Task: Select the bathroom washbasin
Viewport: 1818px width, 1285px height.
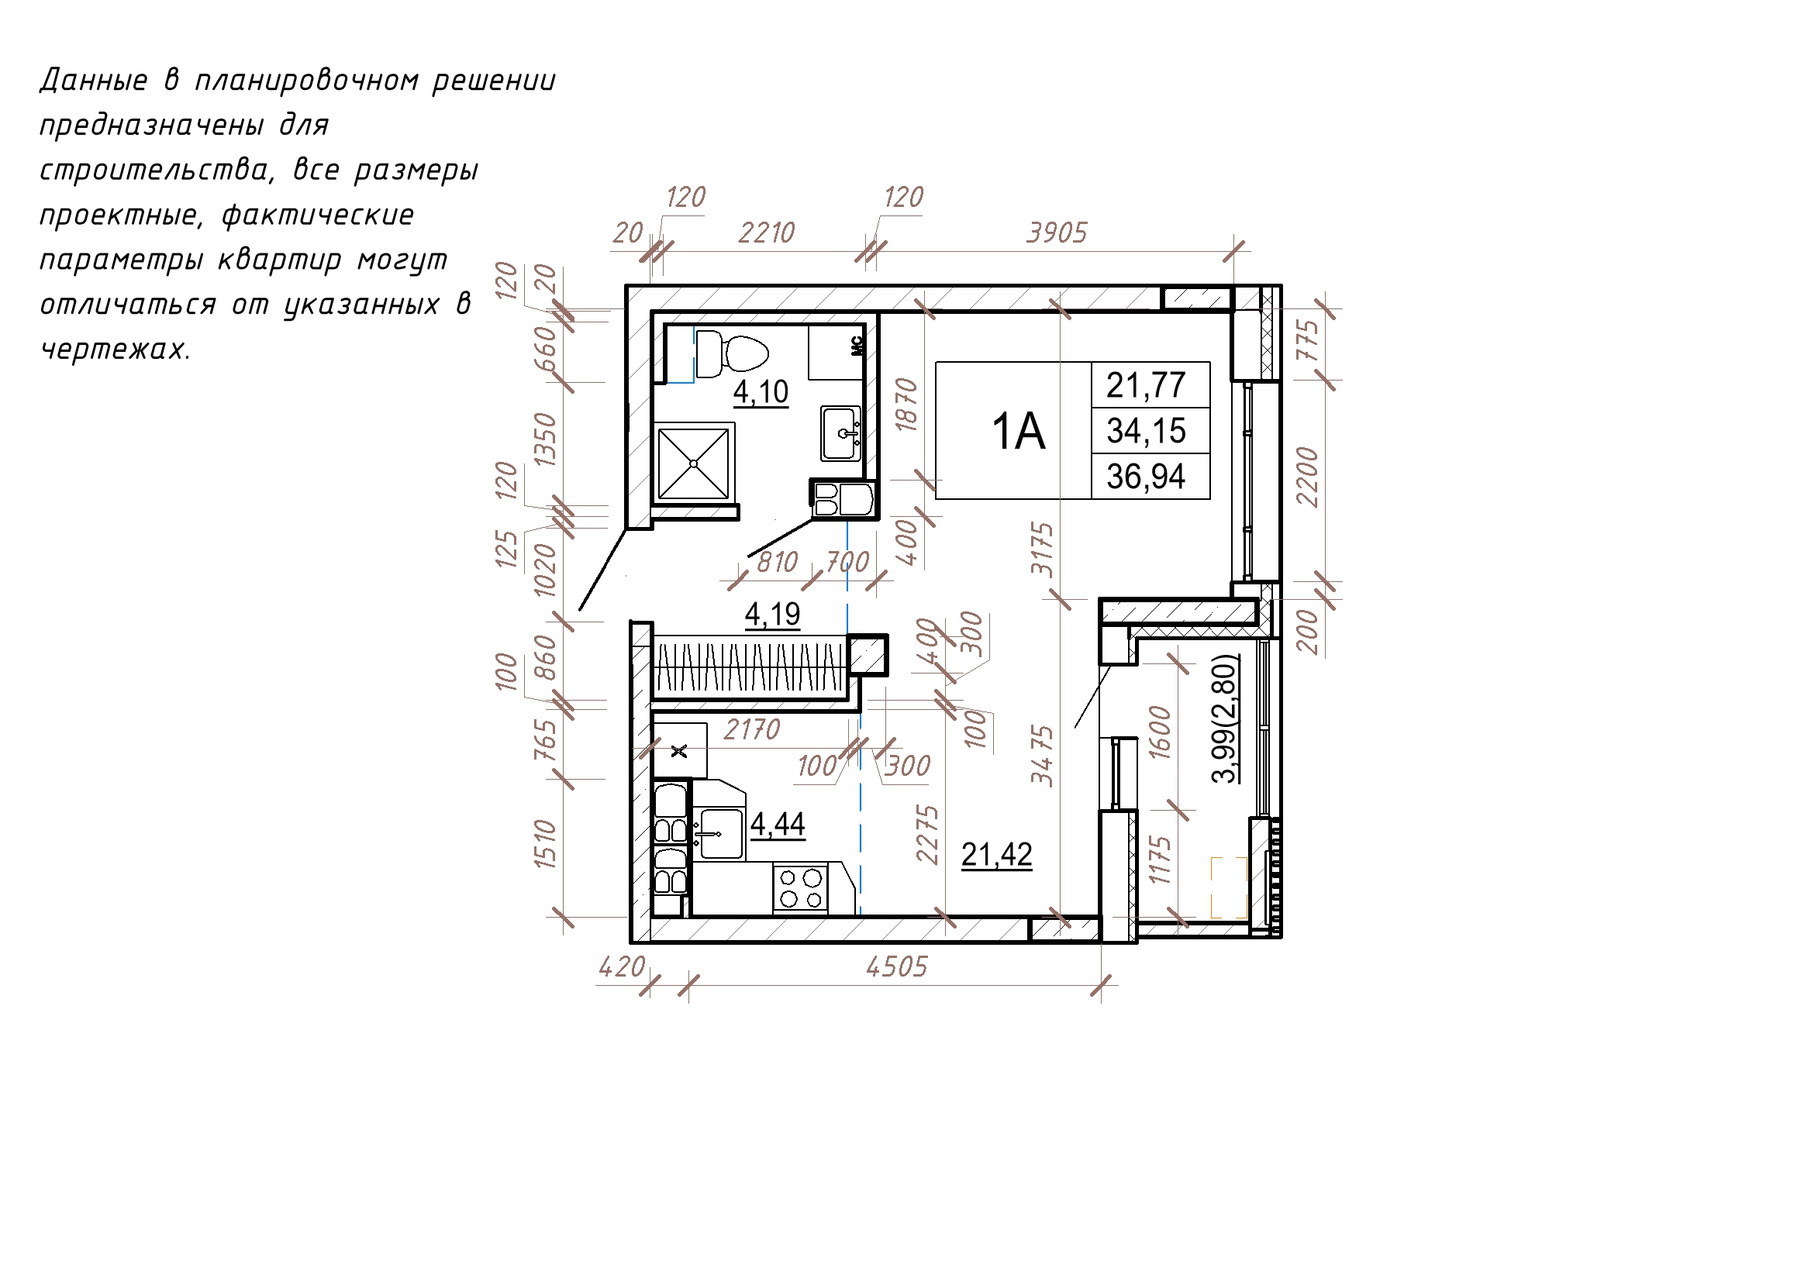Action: (x=841, y=433)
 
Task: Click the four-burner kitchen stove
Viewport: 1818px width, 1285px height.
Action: (x=800, y=888)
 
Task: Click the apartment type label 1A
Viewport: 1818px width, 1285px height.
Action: (x=1018, y=432)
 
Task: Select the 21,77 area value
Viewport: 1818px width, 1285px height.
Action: (x=1146, y=386)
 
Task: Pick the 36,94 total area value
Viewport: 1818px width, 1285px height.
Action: (x=1146, y=477)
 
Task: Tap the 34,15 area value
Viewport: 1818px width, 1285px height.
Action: (x=1146, y=432)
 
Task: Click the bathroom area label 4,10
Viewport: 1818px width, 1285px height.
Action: (x=761, y=392)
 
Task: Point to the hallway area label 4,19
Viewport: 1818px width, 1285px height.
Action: (x=773, y=615)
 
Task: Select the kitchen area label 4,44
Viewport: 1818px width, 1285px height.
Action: (x=778, y=824)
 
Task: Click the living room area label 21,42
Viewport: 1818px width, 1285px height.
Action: (x=997, y=855)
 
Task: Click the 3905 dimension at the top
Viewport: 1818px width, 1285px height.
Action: (x=1057, y=233)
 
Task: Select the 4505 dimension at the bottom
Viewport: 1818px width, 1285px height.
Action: (x=896, y=966)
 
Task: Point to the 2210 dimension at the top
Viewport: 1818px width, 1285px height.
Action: (x=767, y=233)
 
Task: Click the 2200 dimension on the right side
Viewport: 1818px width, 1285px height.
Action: (x=1307, y=477)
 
